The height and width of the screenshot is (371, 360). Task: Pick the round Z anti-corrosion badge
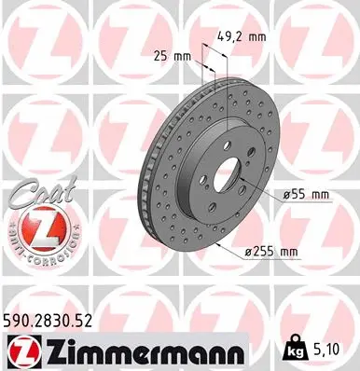click(31, 227)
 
